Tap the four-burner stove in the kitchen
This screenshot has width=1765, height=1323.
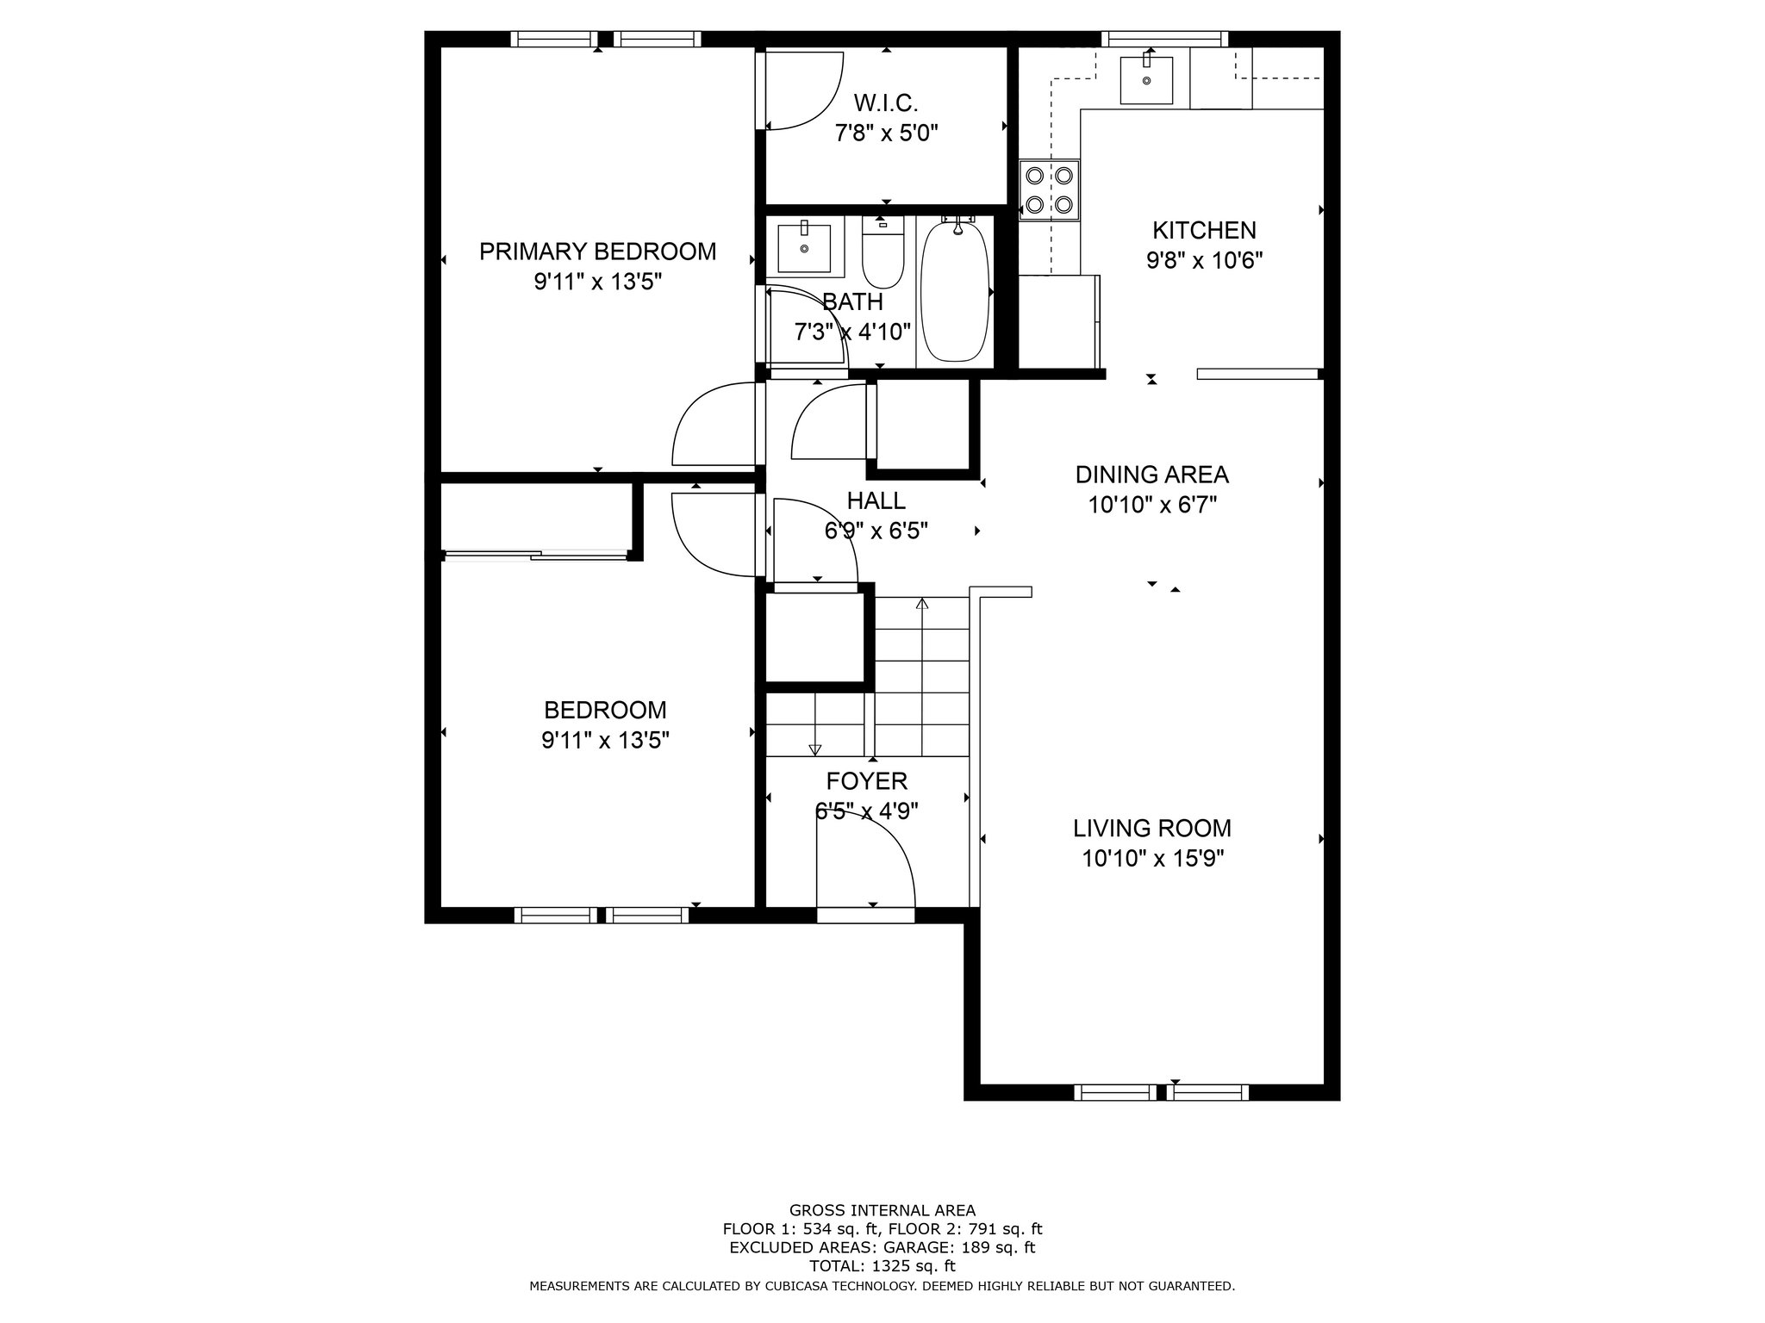tap(1050, 190)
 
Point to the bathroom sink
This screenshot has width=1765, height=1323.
tap(804, 247)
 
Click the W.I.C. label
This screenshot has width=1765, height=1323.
tap(886, 103)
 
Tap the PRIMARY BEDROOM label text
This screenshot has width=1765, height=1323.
tap(597, 252)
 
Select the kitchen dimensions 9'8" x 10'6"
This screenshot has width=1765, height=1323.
tap(1204, 260)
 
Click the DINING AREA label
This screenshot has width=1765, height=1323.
tap(1151, 475)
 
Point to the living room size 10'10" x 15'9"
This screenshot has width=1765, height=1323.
tap(1152, 859)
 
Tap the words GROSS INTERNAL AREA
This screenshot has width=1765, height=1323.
tap(882, 1210)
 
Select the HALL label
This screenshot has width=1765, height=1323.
tap(876, 500)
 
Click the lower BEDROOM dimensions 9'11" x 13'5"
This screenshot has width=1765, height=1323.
tap(605, 740)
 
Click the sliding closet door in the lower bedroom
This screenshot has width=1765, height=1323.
tap(534, 556)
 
